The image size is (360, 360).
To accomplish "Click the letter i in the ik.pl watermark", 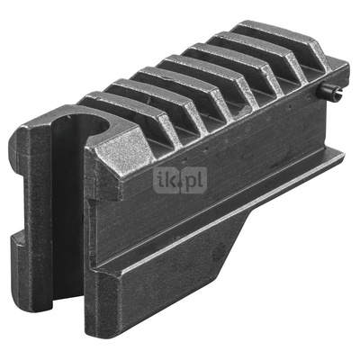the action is point(159,180).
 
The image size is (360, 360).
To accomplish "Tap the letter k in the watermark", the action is point(169,180).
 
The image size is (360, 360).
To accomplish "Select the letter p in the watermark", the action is point(191,182).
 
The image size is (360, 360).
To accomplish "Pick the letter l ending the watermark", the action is point(202,180).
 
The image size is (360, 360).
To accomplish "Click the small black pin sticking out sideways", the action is point(331,88).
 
